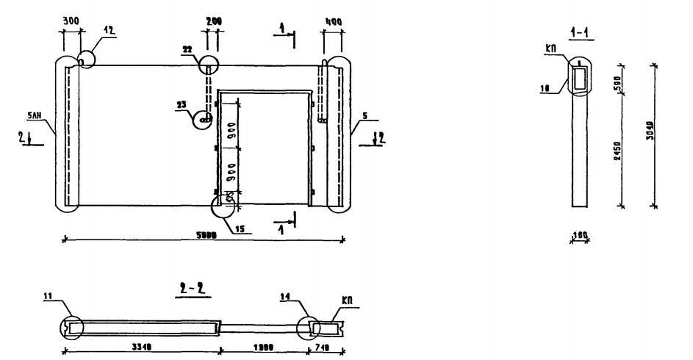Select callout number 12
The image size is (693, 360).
pyautogui.click(x=109, y=30)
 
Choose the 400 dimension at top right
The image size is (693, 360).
pyautogui.click(x=334, y=23)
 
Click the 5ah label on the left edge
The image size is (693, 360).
pyautogui.click(x=44, y=115)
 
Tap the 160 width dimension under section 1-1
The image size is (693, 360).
pyautogui.click(x=581, y=234)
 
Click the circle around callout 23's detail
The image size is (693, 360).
pyautogui.click(x=205, y=118)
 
